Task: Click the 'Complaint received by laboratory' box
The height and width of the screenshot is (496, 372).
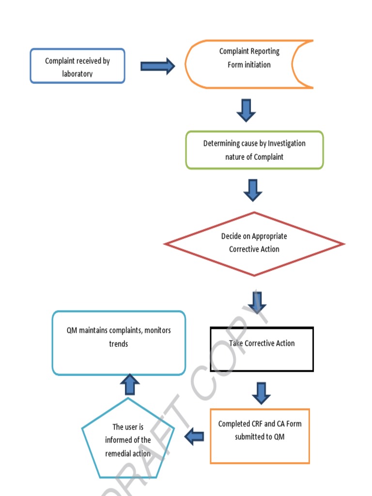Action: pyautogui.click(x=77, y=66)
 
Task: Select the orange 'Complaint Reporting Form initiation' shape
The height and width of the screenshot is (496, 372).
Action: pyautogui.click(x=249, y=64)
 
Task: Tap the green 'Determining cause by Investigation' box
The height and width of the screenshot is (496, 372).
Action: pyautogui.click(x=254, y=150)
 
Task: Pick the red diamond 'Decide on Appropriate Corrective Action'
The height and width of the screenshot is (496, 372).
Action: pyautogui.click(x=254, y=244)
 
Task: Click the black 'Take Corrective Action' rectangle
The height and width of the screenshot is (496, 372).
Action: pyautogui.click(x=262, y=349)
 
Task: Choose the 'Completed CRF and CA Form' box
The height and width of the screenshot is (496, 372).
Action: pyautogui.click(x=260, y=436)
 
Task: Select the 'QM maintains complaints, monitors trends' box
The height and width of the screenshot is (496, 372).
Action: pyautogui.click(x=119, y=343)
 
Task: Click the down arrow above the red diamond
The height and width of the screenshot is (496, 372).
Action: pyautogui.click(x=253, y=190)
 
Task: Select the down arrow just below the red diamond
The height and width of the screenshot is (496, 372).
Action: pyautogui.click(x=257, y=302)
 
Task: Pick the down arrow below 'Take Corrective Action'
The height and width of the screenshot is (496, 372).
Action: pyautogui.click(x=262, y=393)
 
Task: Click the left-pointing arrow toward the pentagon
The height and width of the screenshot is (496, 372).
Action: pyautogui.click(x=195, y=436)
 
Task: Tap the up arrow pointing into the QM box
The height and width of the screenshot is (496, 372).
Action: pyautogui.click(x=129, y=384)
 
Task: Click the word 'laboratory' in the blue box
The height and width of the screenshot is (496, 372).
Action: pyautogui.click(x=77, y=74)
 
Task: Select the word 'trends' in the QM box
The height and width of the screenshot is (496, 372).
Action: pyautogui.click(x=119, y=343)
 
